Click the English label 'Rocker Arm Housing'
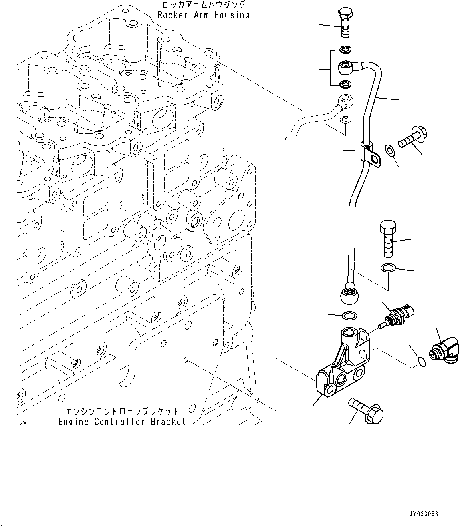coord(203,15)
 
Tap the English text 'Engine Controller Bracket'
coord(122,422)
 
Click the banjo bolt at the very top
coord(346,22)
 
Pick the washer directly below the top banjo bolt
coord(345,50)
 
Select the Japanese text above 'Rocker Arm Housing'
coord(203,5)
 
